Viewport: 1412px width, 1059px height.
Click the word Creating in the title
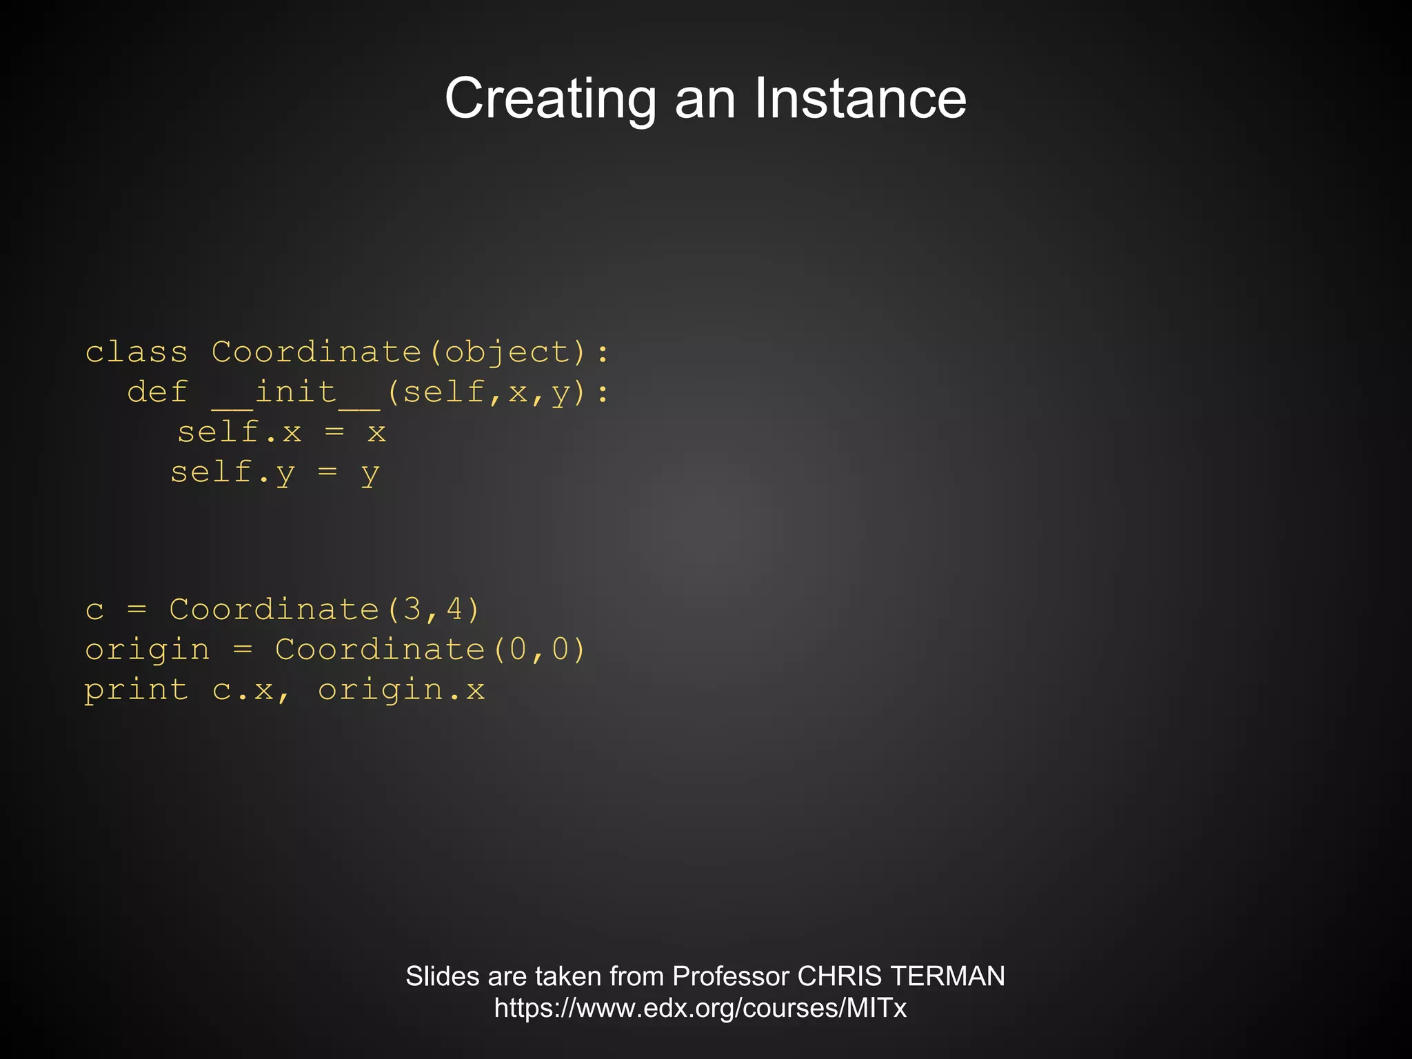coord(550,99)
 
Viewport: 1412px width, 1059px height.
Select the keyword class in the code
coord(137,352)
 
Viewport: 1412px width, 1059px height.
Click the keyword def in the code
coord(157,392)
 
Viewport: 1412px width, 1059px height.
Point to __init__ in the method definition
coord(296,393)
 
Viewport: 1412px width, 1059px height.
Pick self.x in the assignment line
coord(239,432)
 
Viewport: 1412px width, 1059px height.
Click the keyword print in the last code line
coord(137,691)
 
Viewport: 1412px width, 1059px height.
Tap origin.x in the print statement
coord(401,691)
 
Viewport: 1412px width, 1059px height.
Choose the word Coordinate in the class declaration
coord(316,352)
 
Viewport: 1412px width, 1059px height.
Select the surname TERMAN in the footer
coord(947,976)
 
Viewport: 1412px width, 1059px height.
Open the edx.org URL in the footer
coord(700,1008)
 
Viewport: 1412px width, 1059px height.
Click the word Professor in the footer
coord(730,976)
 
